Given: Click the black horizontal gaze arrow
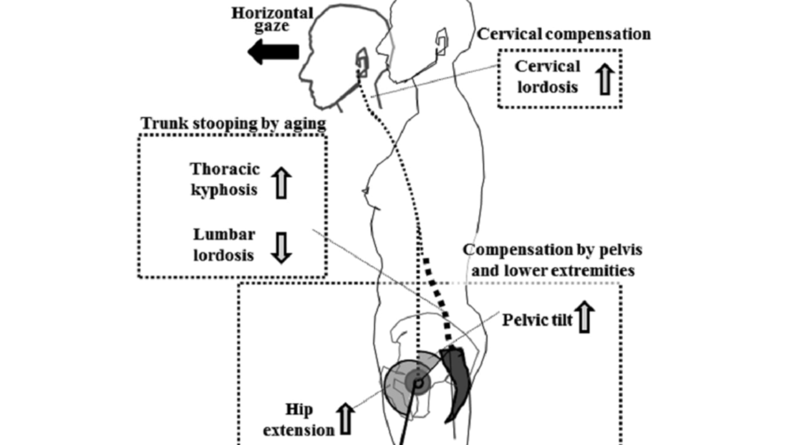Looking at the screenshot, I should coord(273,53).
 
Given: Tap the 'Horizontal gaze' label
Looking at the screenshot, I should coord(273,20).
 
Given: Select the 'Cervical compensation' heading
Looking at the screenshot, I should coord(564,34).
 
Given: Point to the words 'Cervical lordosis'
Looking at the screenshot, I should coord(548,76).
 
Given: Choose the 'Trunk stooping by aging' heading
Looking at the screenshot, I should coord(234,123).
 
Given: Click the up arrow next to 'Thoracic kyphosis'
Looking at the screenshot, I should coord(282,182).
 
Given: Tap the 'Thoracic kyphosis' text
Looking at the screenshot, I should coord(225,179).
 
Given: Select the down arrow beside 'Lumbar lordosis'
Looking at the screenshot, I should coord(282,248).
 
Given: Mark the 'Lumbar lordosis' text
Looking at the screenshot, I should coord(224,244).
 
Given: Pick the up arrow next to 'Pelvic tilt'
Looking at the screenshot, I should coord(585,317).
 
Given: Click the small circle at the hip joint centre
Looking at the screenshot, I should coord(418,384).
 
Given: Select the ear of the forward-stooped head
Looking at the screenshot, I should coord(361,62).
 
